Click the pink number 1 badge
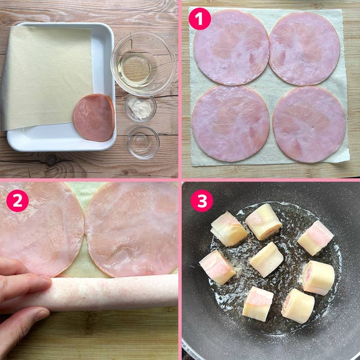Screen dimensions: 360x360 coord(200,19)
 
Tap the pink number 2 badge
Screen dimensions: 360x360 coord(17,201)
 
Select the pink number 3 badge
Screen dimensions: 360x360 coord(202,201)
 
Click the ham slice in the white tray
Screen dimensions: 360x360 coord(94,117)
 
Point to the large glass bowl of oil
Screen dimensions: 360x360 coord(143,63)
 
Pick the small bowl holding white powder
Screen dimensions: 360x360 coord(140,108)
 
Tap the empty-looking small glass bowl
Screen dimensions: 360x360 coord(143,142)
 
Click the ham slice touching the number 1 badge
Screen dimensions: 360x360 coord(231,47)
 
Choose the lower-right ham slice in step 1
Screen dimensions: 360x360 coord(309,124)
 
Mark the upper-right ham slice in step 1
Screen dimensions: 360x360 coord(304,49)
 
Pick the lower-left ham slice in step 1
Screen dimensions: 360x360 coord(231,123)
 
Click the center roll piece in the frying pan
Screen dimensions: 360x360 coord(266,259)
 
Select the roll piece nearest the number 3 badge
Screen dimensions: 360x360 coord(228,229)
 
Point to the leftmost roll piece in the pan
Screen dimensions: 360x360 coord(217,267)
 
